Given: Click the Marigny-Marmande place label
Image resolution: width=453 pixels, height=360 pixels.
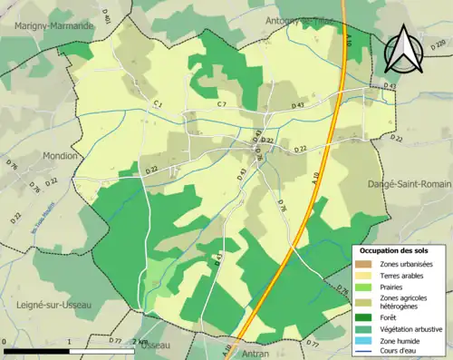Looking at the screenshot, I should pos(53,26).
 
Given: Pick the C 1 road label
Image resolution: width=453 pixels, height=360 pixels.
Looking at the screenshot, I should pos(158,104).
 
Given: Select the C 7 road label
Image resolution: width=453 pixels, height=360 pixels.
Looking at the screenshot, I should pos(221,105).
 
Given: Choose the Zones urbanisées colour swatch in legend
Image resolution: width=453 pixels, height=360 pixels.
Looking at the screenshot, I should pos(362,264).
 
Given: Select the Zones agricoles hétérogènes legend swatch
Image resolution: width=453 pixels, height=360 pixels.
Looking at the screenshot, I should pos(362,302).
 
